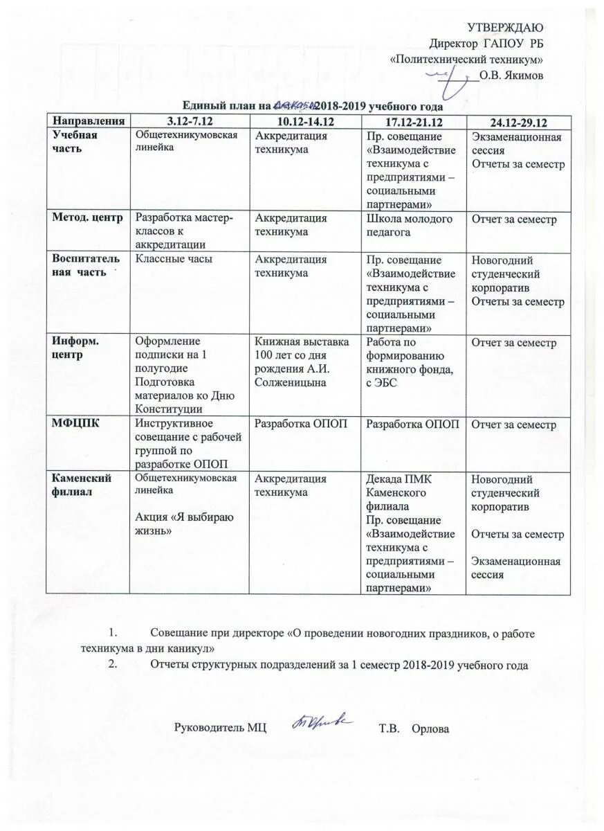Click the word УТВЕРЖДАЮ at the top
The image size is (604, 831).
505,28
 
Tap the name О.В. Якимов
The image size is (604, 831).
511,75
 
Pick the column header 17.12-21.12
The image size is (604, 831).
414,122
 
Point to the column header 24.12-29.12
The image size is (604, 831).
518,123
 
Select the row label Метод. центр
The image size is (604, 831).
88,218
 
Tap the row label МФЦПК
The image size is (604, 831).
74,425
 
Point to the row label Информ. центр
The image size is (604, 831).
77,348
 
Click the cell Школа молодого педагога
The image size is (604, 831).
409,225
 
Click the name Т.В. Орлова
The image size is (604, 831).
414,729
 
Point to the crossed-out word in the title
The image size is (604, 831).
294,106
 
